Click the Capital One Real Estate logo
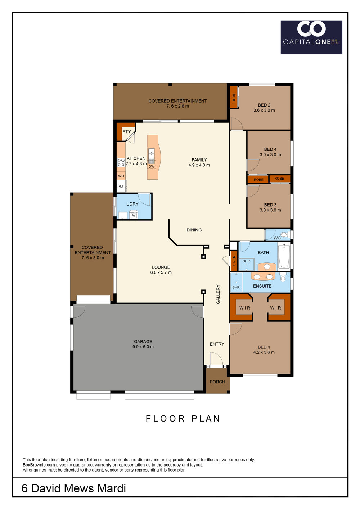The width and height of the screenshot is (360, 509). click(311, 37)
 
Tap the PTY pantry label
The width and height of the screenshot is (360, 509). click(127, 131)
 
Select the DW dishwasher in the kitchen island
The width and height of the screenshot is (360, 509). click(152, 166)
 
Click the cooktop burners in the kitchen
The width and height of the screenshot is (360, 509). click(121, 162)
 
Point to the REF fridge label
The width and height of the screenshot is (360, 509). click(121, 186)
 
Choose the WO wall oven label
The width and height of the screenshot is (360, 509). click(121, 176)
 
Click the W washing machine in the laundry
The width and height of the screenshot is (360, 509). click(134, 215)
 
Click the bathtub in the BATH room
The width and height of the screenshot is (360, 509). click(284, 256)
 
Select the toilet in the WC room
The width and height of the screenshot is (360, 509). click(285, 234)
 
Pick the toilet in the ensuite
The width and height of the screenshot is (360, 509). click(283, 277)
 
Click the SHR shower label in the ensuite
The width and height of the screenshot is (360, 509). click(236, 287)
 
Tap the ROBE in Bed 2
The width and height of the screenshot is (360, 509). click(234, 97)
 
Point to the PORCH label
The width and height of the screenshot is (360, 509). click(217, 382)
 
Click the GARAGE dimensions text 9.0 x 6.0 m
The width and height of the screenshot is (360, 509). click(143, 347)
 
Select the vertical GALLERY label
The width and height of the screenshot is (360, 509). click(218, 294)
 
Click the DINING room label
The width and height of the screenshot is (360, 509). click(194, 230)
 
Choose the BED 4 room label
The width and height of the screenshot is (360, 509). click(270, 149)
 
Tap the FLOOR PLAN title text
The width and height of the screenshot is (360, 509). click(183, 418)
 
